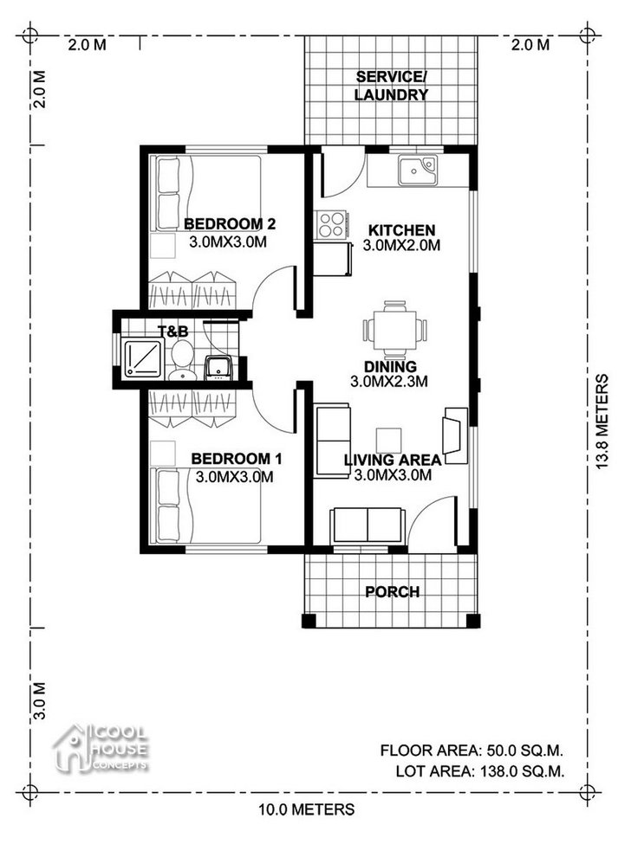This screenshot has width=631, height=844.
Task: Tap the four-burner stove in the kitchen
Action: point(331,225)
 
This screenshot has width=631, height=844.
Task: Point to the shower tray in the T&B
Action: point(143,358)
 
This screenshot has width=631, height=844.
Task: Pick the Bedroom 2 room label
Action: point(230,223)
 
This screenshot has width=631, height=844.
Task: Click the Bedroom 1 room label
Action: point(236,459)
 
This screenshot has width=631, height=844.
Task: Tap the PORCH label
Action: point(393,592)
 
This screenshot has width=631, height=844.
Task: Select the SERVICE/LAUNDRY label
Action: point(391,86)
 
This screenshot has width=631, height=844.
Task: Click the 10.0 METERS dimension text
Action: point(307,809)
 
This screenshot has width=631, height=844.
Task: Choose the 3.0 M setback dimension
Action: point(39,701)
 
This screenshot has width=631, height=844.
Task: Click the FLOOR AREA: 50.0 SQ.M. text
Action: point(472,751)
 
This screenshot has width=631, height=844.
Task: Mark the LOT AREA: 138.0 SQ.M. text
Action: point(480,771)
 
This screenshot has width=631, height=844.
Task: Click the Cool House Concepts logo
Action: point(101,748)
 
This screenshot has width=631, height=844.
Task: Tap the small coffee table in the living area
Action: point(388,441)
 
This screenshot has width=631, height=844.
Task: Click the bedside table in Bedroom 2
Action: point(163,246)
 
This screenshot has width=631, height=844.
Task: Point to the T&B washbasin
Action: point(218,368)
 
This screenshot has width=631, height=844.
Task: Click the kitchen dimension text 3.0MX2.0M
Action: point(401,246)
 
